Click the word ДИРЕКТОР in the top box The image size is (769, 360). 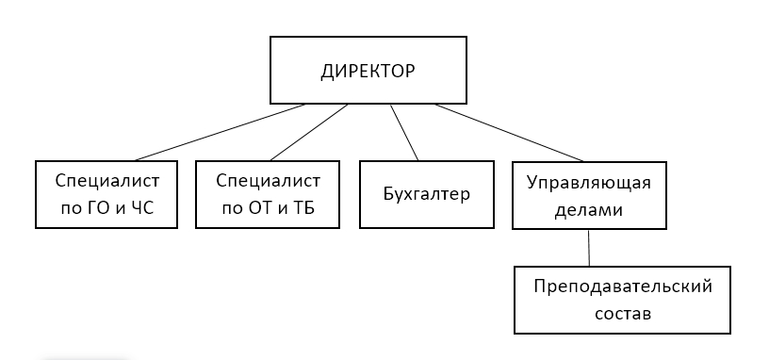(368, 72)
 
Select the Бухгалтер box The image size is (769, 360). (427, 194)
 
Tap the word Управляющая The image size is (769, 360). (589, 183)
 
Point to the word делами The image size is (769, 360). (588, 210)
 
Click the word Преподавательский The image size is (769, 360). (623, 286)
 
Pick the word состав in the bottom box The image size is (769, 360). (623, 314)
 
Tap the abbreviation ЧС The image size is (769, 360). (142, 208)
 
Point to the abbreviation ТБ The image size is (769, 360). (304, 208)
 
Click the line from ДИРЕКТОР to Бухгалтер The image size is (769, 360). (404, 133)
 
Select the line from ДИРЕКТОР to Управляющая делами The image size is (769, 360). (509, 133)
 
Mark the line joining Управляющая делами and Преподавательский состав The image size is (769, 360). (589, 248)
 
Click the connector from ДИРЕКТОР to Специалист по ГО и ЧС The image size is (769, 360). (220, 133)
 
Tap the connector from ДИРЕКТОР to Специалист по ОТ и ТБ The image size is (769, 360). (309, 133)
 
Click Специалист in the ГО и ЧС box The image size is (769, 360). (106, 182)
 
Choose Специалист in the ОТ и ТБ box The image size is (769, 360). (268, 182)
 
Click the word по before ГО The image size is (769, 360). (72, 209)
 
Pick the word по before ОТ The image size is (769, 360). (233, 209)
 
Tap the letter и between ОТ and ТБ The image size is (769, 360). (284, 210)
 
